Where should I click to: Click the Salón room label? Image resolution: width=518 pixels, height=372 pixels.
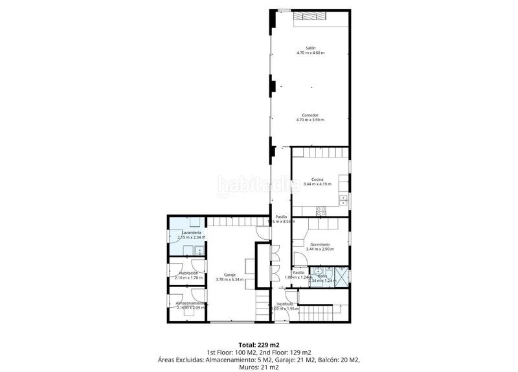pyautogui.click(x=310, y=48)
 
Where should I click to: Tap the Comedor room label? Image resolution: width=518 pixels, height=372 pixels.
pyautogui.click(x=310, y=115)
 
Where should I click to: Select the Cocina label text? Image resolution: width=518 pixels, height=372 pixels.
pyautogui.click(x=317, y=180)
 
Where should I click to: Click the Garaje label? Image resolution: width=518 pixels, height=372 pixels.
pyautogui.click(x=231, y=274)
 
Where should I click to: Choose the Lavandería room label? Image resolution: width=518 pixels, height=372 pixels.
pyautogui.click(x=191, y=233)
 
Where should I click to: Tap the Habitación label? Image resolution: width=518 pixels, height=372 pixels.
pyautogui.click(x=189, y=273)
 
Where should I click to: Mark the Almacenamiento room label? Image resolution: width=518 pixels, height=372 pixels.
pyautogui.click(x=191, y=303)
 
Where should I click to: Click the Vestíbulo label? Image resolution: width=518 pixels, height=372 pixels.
pyautogui.click(x=286, y=304)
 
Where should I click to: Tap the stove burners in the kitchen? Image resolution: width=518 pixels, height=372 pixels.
pyautogui.click(x=320, y=211)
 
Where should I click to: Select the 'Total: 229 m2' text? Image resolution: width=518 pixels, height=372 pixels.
pyautogui.click(x=258, y=344)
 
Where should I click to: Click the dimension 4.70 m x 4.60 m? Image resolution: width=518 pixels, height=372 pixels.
pyautogui.click(x=310, y=53)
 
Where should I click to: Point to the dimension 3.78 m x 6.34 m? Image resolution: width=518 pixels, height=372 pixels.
pyautogui.click(x=231, y=279)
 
